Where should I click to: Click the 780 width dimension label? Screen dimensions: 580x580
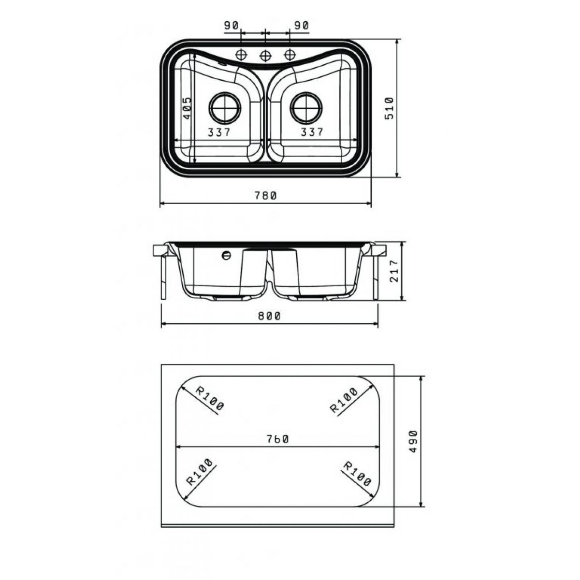tap(265, 196)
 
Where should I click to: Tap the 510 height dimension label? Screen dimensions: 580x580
tap(389, 108)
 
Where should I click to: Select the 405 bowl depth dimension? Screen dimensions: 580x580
tap(187, 108)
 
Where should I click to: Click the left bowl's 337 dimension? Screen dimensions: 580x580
tap(219, 132)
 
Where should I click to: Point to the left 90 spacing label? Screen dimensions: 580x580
tap(231, 26)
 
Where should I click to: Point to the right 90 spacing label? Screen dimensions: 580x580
tap(302, 26)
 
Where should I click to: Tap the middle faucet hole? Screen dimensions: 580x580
tap(265, 56)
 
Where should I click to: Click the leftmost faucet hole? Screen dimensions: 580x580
tap(241, 55)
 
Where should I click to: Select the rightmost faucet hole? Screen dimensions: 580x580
tap(290, 55)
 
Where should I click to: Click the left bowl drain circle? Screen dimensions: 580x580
tap(225, 108)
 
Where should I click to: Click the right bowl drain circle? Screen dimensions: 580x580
tap(306, 108)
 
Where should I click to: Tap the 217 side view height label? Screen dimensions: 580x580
tap(394, 271)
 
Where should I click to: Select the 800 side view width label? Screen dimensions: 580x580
tap(270, 316)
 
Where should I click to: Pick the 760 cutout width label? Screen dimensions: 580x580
tap(277, 439)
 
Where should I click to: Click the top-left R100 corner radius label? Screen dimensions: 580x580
tap(210, 398)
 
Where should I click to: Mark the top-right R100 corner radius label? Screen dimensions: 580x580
tap(344, 400)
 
